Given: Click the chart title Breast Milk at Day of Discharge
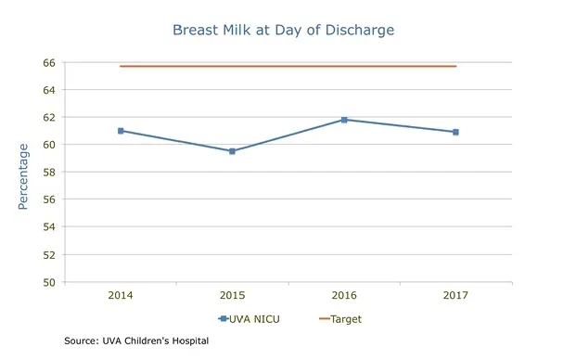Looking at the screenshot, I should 283,30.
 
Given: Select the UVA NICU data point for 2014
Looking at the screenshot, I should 121,131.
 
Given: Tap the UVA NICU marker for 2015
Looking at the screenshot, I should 232,151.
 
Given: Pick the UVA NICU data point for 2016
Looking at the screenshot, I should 344,120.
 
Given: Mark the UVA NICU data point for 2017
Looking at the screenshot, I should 455,132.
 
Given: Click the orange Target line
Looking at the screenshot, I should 288,66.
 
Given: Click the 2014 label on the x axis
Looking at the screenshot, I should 121,296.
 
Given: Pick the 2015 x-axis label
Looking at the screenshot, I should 232,296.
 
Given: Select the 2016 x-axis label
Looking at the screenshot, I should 344,296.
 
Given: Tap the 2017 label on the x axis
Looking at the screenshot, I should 455,296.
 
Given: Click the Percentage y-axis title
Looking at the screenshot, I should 24,174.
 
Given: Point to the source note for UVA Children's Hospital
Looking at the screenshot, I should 136,341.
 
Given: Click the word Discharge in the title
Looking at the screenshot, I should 359,30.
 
